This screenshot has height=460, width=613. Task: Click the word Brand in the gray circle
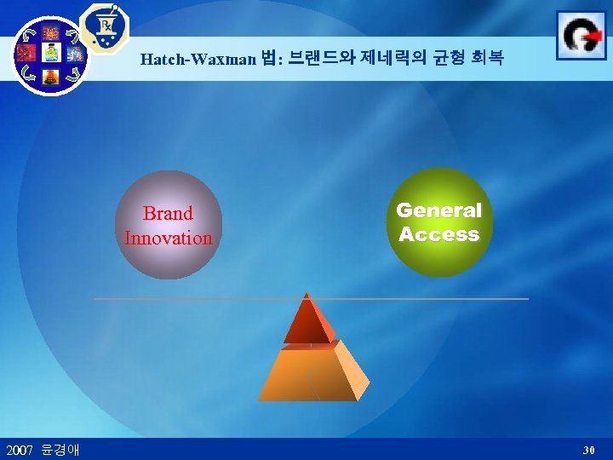pos(168,213)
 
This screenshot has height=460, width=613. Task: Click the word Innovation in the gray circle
pos(168,238)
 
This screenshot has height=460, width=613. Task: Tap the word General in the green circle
pos(438,210)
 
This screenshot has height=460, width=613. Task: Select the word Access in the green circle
pos(438,235)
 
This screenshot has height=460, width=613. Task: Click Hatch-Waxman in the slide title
pos(198,59)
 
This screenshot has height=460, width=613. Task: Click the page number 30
pos(588,449)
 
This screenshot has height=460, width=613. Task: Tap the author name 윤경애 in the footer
pos(60,449)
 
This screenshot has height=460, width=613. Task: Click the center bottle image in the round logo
pos(50,54)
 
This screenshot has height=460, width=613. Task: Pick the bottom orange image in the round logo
pos(50,76)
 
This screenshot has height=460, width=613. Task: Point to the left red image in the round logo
pos(27,54)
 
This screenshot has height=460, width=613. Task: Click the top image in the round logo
pos(50,32)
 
